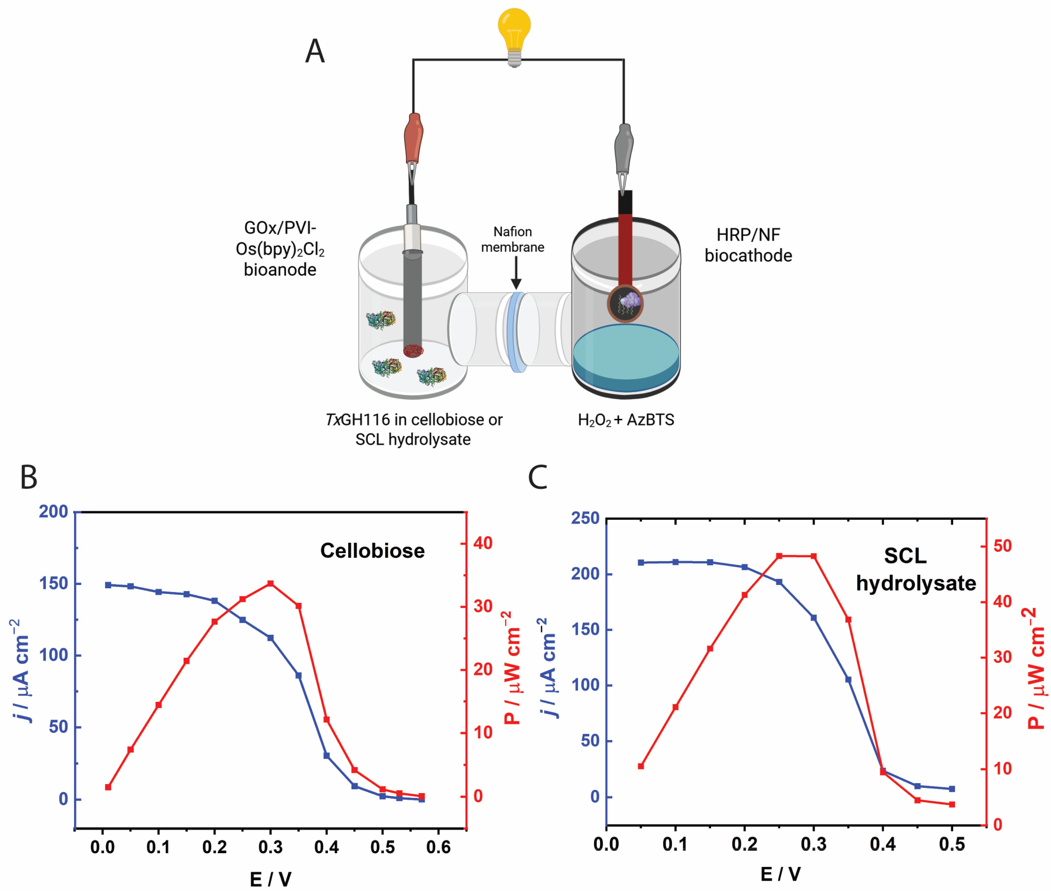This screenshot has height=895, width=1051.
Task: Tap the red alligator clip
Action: (x=413, y=139)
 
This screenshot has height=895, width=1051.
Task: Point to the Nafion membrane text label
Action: (x=513, y=239)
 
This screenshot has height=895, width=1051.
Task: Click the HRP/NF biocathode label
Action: (x=748, y=245)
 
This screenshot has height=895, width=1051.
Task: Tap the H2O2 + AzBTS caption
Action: (x=626, y=420)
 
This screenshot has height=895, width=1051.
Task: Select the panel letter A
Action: (x=315, y=52)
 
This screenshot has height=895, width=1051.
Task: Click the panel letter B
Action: (x=29, y=477)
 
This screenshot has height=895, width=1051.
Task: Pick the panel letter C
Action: (x=537, y=477)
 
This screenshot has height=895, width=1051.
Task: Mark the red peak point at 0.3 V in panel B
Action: (x=270, y=584)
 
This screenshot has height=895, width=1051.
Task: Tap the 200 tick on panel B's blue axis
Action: (x=53, y=512)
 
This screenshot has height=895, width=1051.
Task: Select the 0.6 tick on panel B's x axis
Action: (x=438, y=847)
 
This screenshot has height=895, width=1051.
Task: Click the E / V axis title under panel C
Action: (x=781, y=874)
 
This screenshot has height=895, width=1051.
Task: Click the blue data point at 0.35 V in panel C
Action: (x=848, y=679)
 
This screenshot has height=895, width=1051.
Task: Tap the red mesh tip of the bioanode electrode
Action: (x=413, y=351)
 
